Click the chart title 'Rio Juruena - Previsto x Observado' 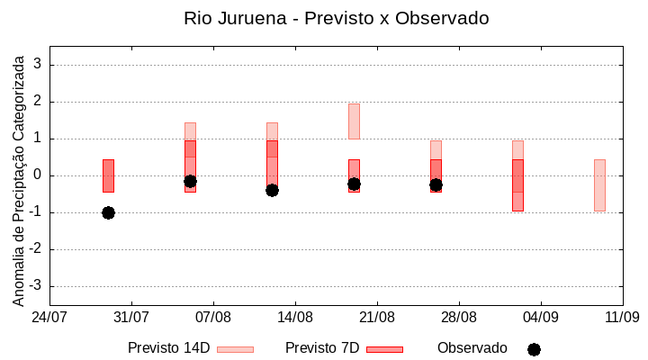pos(337,18)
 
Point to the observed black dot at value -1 pos(108,212)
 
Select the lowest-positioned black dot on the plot pos(108,212)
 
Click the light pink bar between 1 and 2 pos(354,121)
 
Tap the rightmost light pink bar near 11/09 pos(599,184)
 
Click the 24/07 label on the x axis pos(49,317)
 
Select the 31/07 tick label pos(131,317)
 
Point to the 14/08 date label pos(295,317)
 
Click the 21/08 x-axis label pos(377,317)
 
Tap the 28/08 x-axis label pos(459,317)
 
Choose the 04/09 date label pos(541,317)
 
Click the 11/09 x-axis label pos(622,317)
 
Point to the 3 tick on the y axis pos(38,65)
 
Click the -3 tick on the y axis pos(36,286)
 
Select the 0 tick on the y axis pos(38,175)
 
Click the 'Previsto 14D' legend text pos(168,348)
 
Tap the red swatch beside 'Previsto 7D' pos(384,349)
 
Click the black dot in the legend pos(534,349)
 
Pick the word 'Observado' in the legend pos(472,348)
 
